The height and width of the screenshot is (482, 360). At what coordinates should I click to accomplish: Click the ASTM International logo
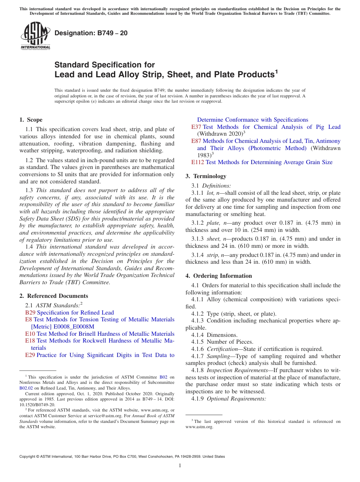pyautogui.click(x=35, y=36)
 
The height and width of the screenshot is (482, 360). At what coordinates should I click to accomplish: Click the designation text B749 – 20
pyautogui.click(x=91, y=33)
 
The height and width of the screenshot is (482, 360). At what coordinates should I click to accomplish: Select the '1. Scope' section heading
pyautogui.click(x=31, y=120)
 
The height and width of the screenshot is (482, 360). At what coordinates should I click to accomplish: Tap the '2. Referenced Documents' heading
pyautogui.click(x=53, y=296)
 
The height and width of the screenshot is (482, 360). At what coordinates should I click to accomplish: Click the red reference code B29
pyautogui.click(x=30, y=313)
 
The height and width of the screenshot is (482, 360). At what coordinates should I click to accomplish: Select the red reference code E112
pyautogui.click(x=197, y=162)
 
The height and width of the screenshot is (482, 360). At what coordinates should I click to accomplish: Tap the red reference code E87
pyautogui.click(x=196, y=141)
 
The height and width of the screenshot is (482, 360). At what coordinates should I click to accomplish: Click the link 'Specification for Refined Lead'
pyautogui.click(x=75, y=313)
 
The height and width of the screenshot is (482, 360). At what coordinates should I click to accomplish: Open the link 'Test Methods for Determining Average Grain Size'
pyautogui.click(x=269, y=162)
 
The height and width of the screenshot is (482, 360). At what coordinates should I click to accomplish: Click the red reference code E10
pyautogui.click(x=30, y=334)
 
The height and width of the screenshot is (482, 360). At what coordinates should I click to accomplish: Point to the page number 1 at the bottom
pyautogui.click(x=180, y=465)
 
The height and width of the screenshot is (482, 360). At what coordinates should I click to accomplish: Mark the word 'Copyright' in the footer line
pyautogui.click(x=28, y=457)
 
